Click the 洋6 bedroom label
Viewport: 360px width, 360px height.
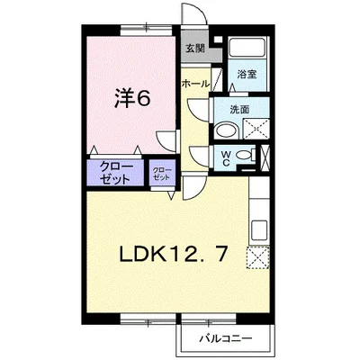130,97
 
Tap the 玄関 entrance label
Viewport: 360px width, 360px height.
194,49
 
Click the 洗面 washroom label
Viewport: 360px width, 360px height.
238,111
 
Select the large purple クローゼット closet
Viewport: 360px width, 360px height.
112,171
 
